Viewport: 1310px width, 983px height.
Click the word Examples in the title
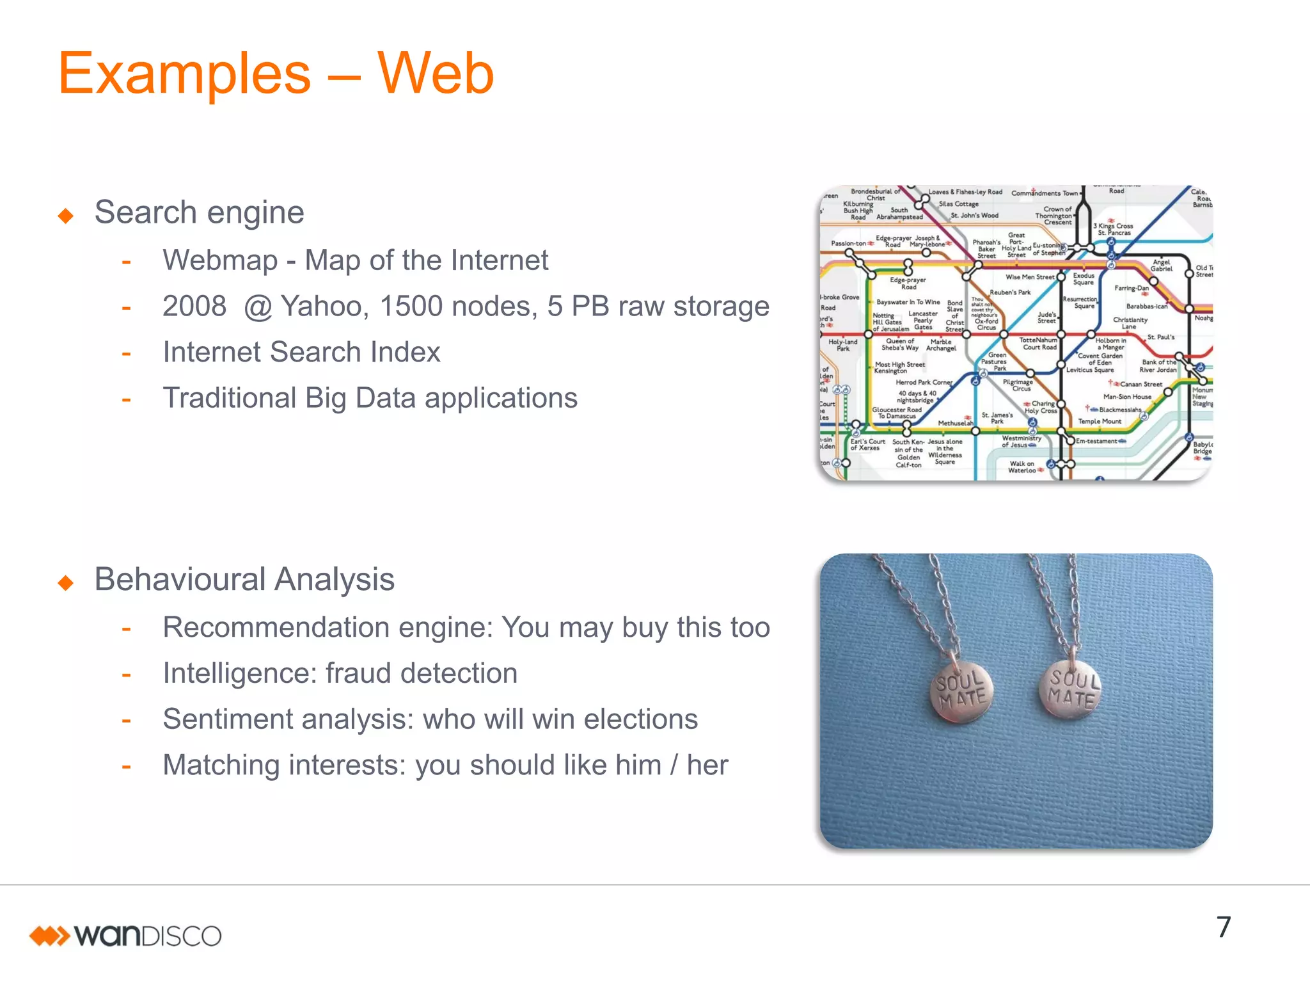click(x=184, y=76)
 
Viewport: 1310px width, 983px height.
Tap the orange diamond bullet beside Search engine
click(x=65, y=216)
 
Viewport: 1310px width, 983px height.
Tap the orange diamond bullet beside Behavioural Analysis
click(x=65, y=582)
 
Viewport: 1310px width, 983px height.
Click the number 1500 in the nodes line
click(x=410, y=307)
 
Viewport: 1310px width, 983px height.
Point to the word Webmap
click(x=219, y=260)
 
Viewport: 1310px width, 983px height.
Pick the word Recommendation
click(x=275, y=628)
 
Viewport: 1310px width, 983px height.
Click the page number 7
click(x=1223, y=927)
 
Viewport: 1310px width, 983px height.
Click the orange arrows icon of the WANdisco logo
click(x=49, y=936)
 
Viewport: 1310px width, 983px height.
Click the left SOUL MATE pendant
click(x=961, y=691)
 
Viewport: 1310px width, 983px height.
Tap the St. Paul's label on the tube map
click(x=1160, y=337)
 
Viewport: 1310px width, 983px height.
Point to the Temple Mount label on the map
click(x=1099, y=421)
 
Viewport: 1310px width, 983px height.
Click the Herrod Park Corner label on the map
click(x=924, y=382)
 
